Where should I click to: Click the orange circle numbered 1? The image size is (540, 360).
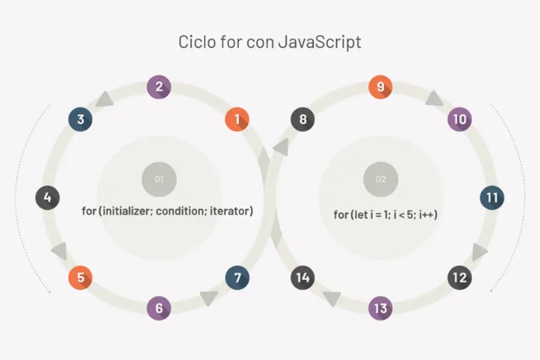237,119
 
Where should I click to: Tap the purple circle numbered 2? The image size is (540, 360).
159,87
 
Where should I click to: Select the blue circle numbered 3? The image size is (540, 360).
81,119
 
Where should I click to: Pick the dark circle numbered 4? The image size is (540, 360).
47,198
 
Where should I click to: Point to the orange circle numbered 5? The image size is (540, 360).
81,278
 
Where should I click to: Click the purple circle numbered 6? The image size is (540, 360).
159,308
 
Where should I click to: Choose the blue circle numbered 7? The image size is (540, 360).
237,278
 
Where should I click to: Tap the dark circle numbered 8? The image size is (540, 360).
303,119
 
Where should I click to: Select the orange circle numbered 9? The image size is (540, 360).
380,87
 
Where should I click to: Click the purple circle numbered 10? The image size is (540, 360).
459,119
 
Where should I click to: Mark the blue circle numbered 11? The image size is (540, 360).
492,198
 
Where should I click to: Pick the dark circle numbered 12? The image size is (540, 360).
459,278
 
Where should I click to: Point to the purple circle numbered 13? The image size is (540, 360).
380,308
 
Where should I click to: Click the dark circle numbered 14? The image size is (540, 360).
303,278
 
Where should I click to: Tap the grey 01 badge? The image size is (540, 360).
159,179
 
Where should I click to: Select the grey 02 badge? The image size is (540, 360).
381,179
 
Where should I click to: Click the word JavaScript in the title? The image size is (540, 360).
319,43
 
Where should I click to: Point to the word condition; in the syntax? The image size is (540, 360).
181,211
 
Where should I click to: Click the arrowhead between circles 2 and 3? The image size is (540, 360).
105,99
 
